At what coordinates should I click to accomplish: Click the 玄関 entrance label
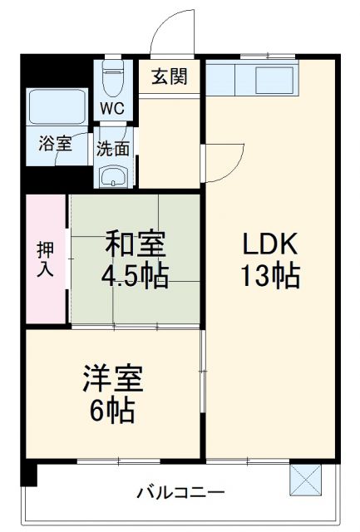170,77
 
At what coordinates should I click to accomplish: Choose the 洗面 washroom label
112,150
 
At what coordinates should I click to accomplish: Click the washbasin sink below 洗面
112,175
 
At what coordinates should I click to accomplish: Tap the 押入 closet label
46,259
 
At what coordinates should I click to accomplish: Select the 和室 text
135,246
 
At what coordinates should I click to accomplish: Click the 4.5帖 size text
135,275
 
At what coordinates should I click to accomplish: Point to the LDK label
271,246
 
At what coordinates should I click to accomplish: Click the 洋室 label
112,380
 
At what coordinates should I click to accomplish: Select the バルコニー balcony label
180,492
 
